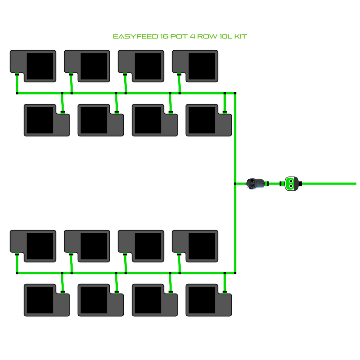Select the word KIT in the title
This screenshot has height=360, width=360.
[240, 37]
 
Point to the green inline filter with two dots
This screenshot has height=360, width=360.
[290, 184]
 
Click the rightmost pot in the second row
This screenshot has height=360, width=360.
[209, 120]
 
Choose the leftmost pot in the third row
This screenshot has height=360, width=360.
[33, 246]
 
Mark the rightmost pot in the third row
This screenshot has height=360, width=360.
[195, 246]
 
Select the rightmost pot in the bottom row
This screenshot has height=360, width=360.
[209, 300]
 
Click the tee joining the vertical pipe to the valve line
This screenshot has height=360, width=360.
[235, 184]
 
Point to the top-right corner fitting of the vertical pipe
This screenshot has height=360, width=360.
[235, 93]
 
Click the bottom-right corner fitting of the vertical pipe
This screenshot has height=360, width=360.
[235, 273]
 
